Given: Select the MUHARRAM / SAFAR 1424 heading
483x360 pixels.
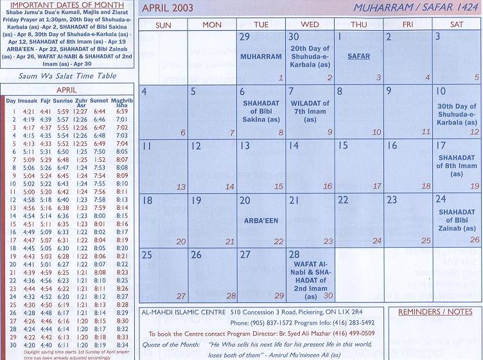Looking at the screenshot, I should click(417, 8).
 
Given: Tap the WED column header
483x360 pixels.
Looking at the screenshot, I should click(310, 24).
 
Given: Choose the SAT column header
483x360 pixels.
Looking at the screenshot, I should click(457, 24).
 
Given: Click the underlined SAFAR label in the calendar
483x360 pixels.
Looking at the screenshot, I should click(358, 56).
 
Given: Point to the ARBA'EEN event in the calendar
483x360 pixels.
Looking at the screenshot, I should click(261, 221).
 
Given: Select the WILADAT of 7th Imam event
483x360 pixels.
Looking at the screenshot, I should click(310, 111).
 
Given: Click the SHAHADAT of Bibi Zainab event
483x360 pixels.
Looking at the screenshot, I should click(457, 220).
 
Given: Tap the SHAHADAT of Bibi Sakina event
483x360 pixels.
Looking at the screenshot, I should click(261, 111).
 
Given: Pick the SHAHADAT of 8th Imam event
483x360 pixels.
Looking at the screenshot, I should click(457, 165).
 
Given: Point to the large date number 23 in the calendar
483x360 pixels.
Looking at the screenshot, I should click(392, 200).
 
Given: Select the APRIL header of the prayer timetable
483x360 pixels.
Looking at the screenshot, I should click(66, 90).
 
